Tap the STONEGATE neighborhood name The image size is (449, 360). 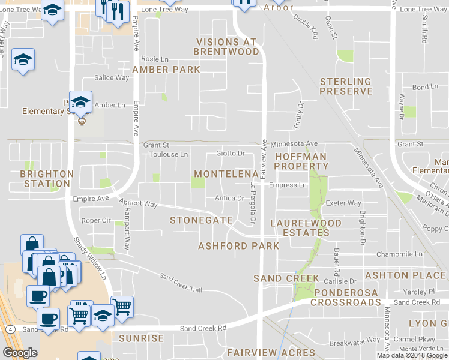click(x=201, y=220)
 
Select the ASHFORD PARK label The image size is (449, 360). click(x=238, y=246)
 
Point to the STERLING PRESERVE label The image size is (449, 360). click(x=346, y=86)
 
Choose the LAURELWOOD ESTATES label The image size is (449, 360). click(x=306, y=228)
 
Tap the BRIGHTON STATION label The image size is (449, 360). click(x=47, y=179)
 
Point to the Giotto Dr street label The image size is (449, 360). click(x=231, y=154)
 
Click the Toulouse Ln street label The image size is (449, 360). click(x=169, y=154)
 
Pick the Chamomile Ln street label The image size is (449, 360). click(x=401, y=254)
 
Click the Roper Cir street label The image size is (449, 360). click(x=95, y=220)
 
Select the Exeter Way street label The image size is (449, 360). click(x=343, y=203)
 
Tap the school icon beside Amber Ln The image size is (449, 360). click(x=80, y=101)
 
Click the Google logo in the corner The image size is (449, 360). click(x=20, y=353)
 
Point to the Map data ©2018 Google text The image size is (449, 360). click(x=411, y=355)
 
